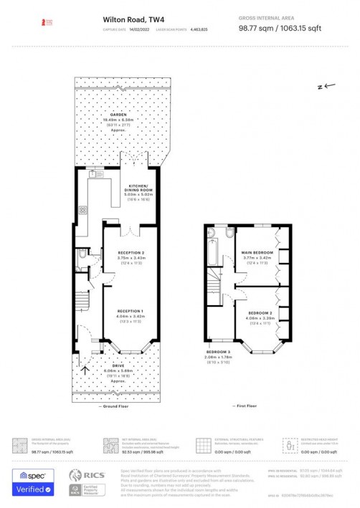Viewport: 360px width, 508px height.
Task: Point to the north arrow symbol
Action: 326,86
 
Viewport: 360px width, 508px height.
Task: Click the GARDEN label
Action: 118,115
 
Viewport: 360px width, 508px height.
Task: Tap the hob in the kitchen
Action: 82,210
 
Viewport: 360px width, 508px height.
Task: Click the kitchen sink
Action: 93,174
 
